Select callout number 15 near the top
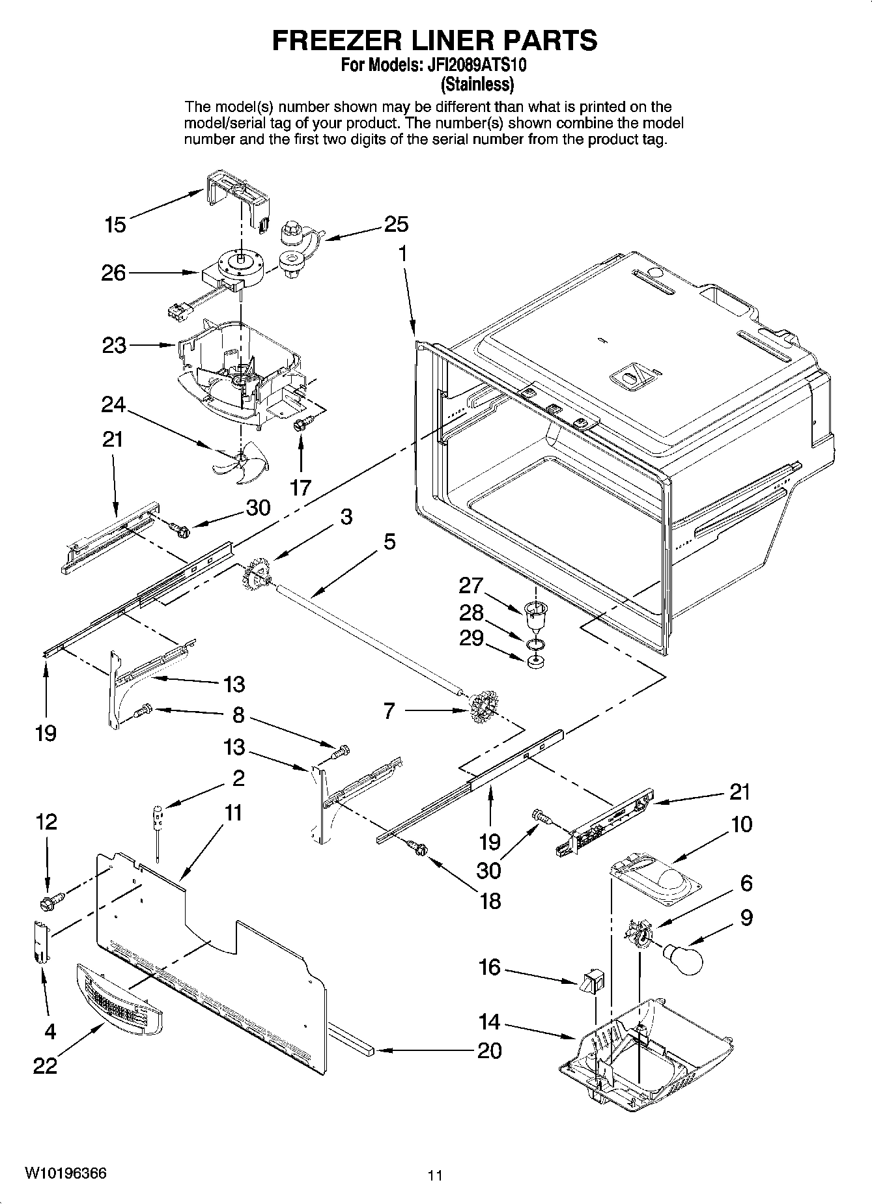tap(115, 225)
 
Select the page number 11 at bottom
tap(435, 1175)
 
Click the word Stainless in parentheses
tap(477, 84)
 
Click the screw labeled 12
tap(50, 902)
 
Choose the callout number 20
tap(489, 1050)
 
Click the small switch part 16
tap(592, 981)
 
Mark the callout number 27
tap(470, 585)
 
